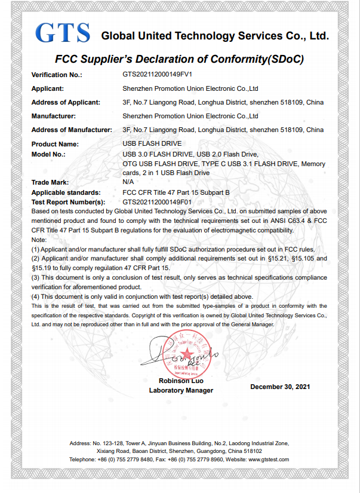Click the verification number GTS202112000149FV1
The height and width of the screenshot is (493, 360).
point(157,75)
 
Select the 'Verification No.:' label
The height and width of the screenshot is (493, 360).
point(56,75)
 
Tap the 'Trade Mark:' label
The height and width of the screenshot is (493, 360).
point(50,182)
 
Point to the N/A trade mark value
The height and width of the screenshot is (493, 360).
point(128,182)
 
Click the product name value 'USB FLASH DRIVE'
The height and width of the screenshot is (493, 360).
point(152,144)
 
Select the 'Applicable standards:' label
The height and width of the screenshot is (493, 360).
point(66,192)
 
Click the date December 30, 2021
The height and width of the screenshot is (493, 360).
point(281,387)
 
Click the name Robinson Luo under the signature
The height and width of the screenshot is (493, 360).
point(181,381)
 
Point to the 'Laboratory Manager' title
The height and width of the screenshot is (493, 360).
point(181,390)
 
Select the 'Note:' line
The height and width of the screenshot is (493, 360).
point(38,239)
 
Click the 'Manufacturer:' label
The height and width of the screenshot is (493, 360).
point(53,116)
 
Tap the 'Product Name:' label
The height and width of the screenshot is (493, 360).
point(55,144)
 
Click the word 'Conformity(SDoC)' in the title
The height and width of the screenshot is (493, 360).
point(261,59)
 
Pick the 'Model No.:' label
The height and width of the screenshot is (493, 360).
point(48,154)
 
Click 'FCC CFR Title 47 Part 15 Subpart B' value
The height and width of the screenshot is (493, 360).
point(176,192)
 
